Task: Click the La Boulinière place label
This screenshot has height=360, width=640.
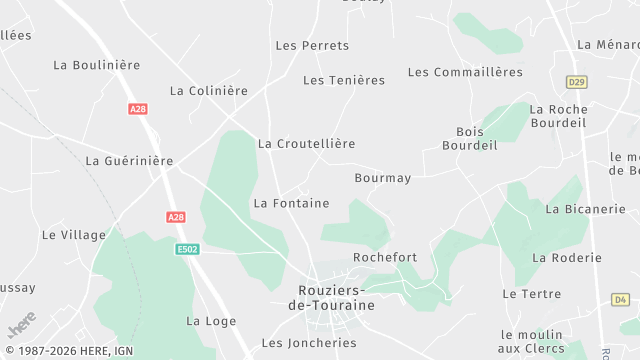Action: click(96, 65)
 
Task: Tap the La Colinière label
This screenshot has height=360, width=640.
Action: click(209, 91)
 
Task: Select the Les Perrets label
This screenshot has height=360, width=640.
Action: click(312, 46)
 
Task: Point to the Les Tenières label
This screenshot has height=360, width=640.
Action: click(344, 81)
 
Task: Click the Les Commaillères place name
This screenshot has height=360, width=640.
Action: click(465, 72)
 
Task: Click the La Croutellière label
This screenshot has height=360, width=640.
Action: click(306, 144)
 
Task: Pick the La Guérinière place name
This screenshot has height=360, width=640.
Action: click(130, 161)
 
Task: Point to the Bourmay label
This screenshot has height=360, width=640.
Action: click(383, 179)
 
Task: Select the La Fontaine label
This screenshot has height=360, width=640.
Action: click(291, 203)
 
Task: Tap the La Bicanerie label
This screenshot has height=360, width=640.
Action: click(585, 209)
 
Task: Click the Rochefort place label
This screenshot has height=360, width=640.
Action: click(385, 258)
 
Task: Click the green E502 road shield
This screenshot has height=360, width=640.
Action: click(187, 249)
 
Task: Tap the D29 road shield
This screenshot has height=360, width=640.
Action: click(575, 82)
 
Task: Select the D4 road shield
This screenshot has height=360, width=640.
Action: click(620, 299)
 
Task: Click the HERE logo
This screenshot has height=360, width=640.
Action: click(21, 324)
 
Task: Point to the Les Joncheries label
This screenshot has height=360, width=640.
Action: click(309, 343)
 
